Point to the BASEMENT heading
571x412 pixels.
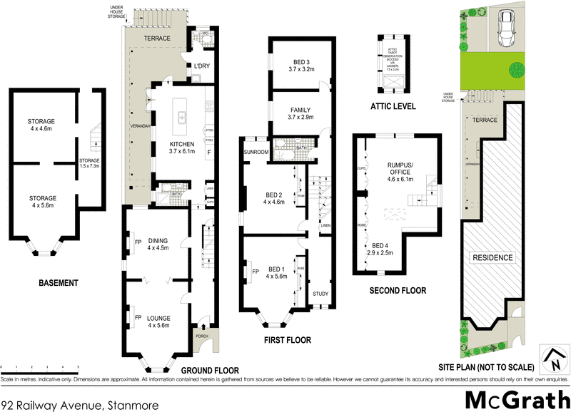pos(58,283)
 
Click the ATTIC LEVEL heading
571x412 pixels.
pos(393,106)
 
